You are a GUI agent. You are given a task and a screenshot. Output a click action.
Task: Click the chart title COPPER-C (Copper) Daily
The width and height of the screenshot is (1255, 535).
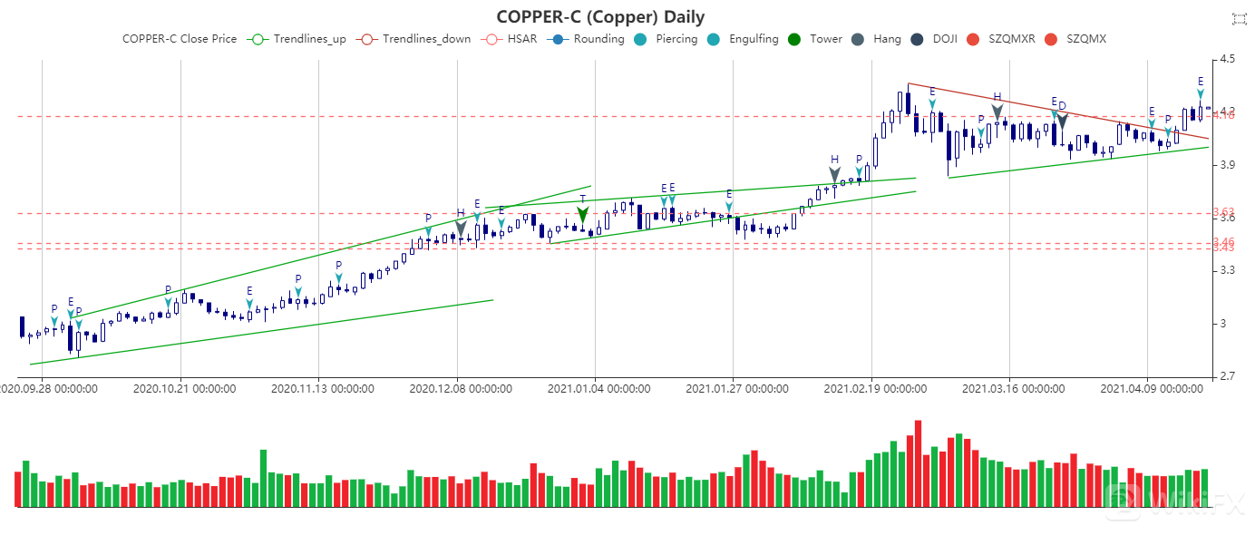point(600,16)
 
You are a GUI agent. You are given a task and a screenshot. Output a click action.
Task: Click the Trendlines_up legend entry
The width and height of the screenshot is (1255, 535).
point(298,39)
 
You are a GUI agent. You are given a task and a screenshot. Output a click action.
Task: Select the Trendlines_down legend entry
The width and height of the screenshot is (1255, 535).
point(414,39)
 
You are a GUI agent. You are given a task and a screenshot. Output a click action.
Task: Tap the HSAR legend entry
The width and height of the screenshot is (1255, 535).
point(511,39)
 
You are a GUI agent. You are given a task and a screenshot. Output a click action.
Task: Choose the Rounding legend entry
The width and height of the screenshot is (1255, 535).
point(587,39)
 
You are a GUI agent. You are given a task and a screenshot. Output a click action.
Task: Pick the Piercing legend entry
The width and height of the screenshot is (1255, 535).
point(666,39)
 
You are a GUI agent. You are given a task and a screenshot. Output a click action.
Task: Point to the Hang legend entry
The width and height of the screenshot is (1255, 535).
point(876,39)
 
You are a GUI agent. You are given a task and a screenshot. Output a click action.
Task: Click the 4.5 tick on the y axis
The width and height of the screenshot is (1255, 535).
point(1229,59)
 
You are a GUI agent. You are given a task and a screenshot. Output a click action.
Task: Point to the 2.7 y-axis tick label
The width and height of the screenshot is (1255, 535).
point(1229,376)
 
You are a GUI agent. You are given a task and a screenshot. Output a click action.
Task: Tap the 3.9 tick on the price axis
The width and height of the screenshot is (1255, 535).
point(1229,165)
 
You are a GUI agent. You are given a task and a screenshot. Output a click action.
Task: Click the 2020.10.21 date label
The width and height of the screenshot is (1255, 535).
point(184,389)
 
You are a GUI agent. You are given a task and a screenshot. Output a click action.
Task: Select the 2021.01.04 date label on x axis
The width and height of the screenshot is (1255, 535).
point(598,389)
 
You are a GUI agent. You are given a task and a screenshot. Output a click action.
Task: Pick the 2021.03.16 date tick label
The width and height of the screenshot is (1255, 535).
point(1013,389)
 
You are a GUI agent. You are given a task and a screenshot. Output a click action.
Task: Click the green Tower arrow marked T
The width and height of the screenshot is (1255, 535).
point(583,214)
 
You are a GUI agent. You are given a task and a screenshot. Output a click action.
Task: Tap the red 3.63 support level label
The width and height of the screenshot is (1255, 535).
point(1223,212)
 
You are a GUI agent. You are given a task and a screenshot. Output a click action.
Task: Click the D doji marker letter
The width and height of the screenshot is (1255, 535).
point(1062,106)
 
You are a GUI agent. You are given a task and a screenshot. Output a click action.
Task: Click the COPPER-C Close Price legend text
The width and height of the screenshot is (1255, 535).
point(180,39)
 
